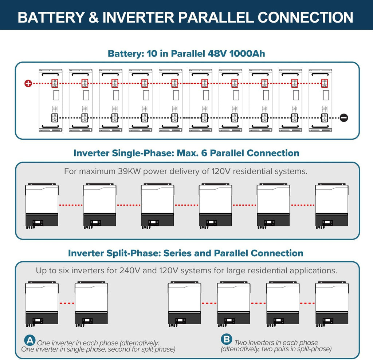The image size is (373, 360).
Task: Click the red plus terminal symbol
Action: click(28, 83)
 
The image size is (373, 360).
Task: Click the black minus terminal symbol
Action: click(344, 118)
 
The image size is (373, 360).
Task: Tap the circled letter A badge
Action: click(30, 340)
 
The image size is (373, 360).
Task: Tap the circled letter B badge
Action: click(227, 339)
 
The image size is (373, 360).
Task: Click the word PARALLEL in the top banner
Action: click(216, 17)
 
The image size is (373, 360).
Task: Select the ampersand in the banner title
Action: click(94, 17)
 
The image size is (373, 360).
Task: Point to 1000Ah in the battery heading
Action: click(247, 54)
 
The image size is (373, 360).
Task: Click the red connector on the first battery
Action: click(55, 83)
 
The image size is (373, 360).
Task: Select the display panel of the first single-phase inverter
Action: click(38, 223)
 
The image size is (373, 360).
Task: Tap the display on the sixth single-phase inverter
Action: click(327, 223)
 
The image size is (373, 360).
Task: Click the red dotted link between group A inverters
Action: click(67, 303)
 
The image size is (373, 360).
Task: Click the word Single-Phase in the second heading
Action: click(143, 153)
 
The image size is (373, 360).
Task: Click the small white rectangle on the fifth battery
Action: click(176, 95)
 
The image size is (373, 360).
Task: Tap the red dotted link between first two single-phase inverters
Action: click(71, 205)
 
